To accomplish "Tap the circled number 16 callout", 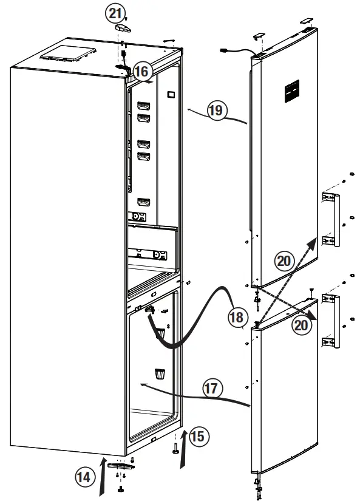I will (141, 71).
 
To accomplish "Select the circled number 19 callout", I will (217, 110).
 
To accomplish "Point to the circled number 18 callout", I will (237, 316).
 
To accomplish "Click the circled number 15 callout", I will (198, 435).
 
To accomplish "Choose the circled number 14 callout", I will (86, 477).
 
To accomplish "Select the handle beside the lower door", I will (328, 322).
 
